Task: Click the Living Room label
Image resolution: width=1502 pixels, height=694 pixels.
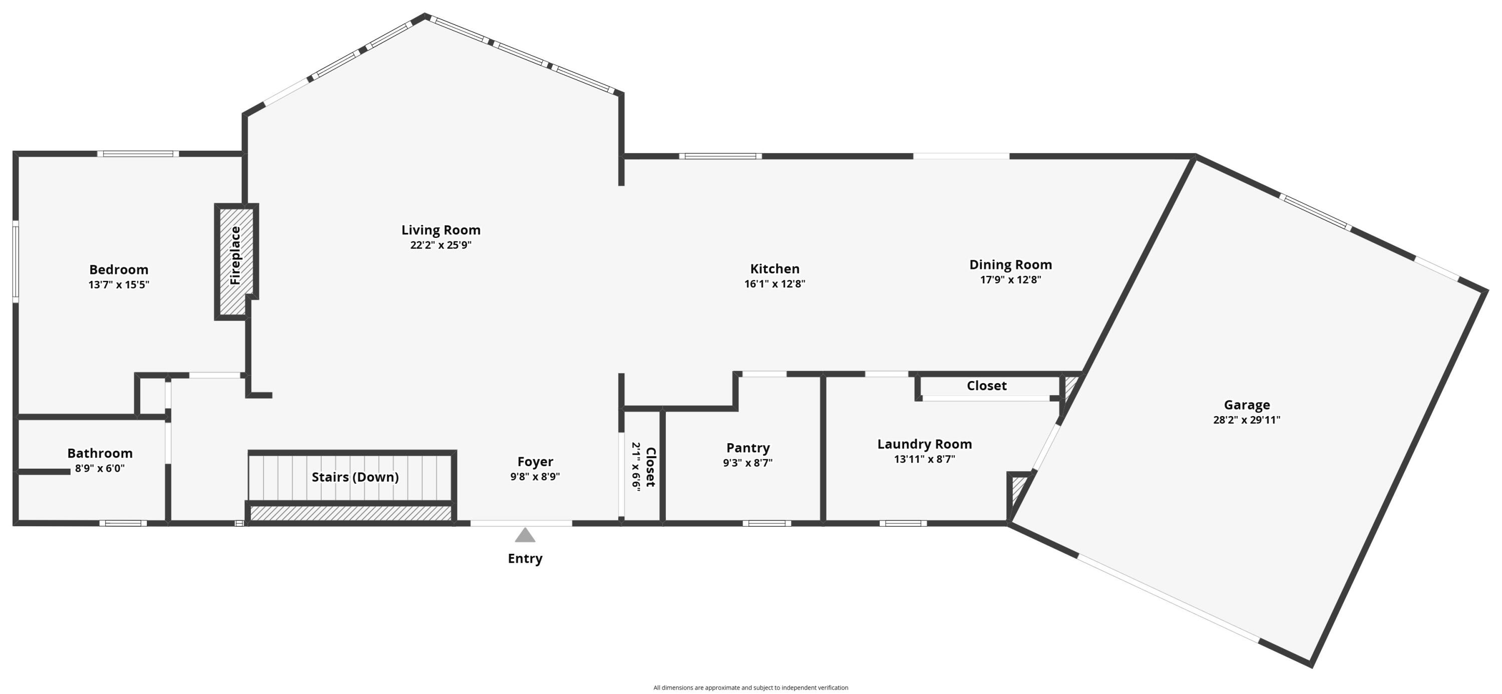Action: coord(441,230)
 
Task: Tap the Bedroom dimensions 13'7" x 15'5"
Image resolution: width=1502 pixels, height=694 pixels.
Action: coord(119,284)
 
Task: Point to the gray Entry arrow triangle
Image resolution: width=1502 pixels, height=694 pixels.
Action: coord(525,535)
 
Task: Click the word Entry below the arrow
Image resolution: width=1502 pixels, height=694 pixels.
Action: coord(525,558)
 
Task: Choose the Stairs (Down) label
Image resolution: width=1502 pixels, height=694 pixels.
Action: coord(355,477)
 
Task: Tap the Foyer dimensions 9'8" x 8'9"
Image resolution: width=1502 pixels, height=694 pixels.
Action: coord(535,477)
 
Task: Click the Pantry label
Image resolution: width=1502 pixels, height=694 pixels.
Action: coord(747,448)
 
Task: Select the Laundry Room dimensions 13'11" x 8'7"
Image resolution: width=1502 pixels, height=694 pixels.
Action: coord(924,459)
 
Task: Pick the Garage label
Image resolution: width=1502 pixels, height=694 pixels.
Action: coord(1247,405)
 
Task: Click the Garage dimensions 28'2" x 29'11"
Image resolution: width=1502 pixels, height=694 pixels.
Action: coord(1247,420)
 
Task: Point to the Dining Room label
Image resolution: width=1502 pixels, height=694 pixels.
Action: coord(1010,265)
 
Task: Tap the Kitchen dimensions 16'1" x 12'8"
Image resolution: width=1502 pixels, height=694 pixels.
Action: coord(775,284)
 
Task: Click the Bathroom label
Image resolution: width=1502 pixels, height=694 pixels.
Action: coord(100,453)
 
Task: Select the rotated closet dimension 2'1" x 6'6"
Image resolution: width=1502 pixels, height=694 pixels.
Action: coord(636,467)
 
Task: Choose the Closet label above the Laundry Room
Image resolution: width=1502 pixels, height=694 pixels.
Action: coord(986,386)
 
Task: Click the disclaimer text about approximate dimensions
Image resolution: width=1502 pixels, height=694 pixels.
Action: coord(750,687)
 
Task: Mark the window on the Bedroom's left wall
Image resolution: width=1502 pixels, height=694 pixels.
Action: coord(16,261)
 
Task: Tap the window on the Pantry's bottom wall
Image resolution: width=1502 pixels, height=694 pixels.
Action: coord(767,523)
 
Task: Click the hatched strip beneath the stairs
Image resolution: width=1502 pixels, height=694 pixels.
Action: coord(351,513)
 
